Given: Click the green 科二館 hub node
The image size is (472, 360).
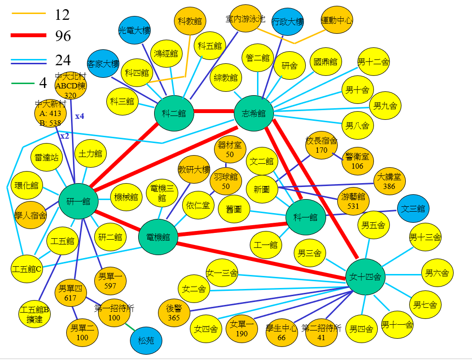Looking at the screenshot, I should click(x=174, y=114).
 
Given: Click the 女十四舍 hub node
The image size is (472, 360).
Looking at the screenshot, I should click(x=366, y=277).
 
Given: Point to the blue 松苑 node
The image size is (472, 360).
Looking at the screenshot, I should click(x=146, y=341).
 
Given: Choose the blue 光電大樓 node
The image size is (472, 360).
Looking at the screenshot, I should click(x=135, y=30).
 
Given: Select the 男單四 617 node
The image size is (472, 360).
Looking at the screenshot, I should click(x=71, y=293).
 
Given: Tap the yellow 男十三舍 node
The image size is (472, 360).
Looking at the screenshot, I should click(x=425, y=237).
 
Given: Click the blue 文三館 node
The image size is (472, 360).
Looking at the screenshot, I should click(x=413, y=209).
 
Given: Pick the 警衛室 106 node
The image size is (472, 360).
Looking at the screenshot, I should click(x=358, y=161).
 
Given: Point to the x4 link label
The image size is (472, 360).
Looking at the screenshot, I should click(x=80, y=116).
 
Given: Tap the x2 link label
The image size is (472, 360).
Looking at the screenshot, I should click(x=65, y=136).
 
